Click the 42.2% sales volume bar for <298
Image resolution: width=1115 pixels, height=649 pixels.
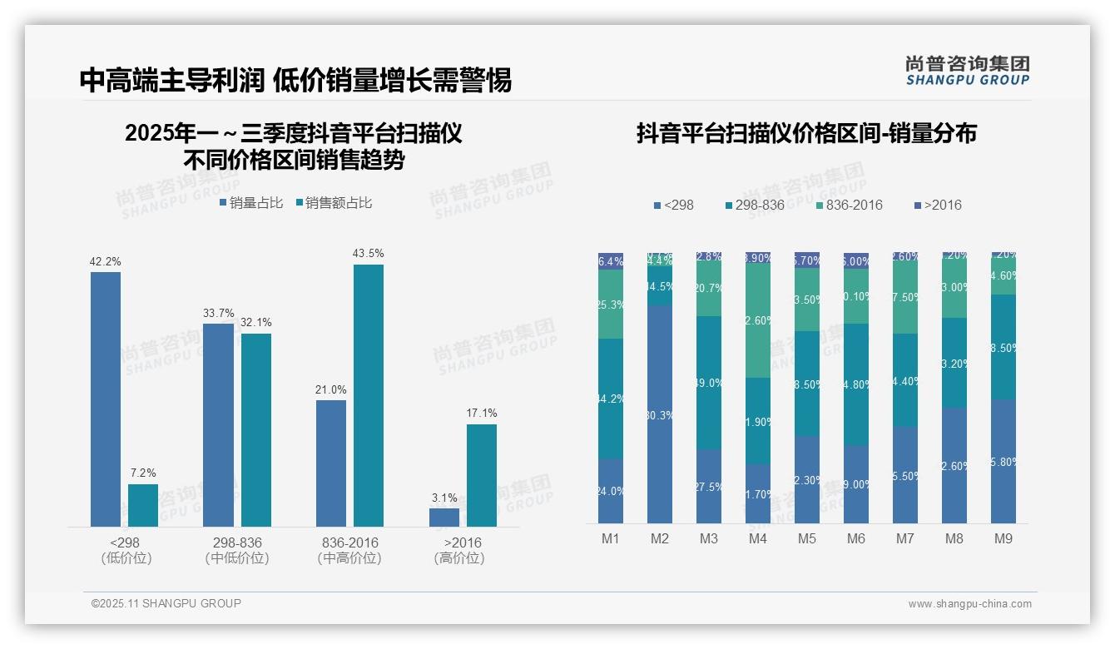pos(106,399)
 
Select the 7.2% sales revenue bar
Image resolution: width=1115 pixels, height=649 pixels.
pos(143,505)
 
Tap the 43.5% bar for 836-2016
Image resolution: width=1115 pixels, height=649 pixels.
pos(369,395)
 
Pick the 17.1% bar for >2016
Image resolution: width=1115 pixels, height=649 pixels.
pos(482,475)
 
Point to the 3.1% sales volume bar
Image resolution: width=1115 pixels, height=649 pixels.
pos(444,517)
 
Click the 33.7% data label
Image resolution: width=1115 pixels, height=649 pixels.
pos(218,313)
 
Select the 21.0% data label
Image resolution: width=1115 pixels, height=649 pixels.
pos(331,389)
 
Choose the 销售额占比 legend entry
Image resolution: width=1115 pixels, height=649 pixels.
pos(333,202)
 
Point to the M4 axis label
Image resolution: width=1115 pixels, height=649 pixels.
pos(757,538)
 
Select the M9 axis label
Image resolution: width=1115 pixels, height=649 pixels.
pos(1003,538)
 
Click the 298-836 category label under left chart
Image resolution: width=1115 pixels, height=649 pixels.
pos(237,542)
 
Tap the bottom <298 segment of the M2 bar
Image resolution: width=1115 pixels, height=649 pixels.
pos(660,414)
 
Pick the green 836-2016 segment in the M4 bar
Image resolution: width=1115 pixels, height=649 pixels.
pos(758,320)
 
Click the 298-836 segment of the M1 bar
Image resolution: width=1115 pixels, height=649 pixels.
pos(611,399)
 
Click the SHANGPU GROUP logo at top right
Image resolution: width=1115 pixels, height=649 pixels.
pos(968,71)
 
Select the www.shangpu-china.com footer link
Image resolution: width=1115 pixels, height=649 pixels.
pos(969,603)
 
